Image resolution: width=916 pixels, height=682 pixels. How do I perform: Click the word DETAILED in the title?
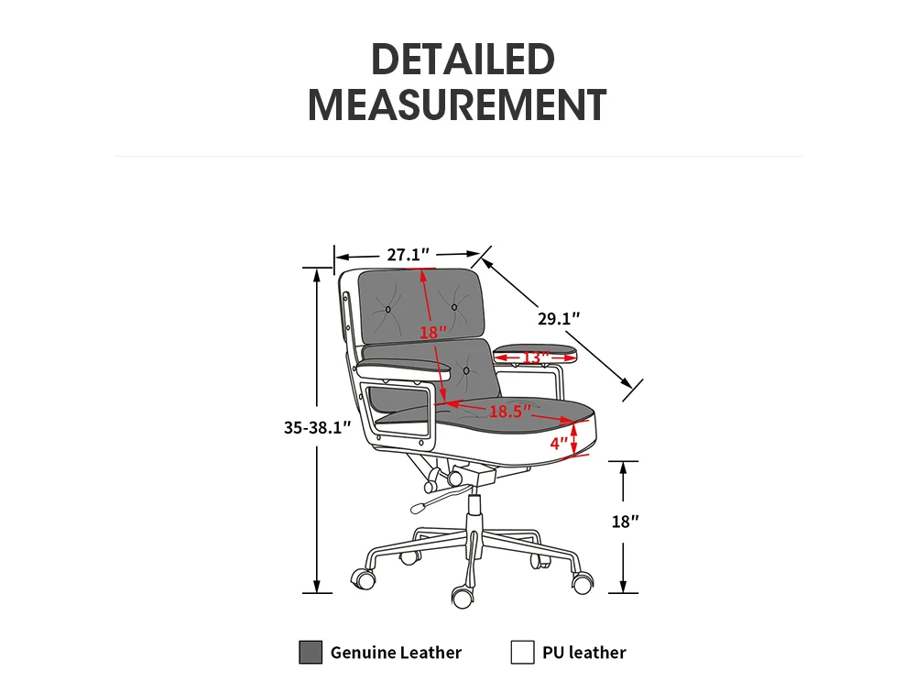[x=463, y=59]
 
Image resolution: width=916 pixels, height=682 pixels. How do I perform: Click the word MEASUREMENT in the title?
[x=457, y=105]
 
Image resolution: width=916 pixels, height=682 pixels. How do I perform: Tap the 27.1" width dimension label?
[x=408, y=255]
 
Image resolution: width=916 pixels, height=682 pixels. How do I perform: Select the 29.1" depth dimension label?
[x=559, y=318]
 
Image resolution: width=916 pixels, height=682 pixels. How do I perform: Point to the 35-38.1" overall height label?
[x=317, y=428]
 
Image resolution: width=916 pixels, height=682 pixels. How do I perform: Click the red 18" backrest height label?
[x=433, y=333]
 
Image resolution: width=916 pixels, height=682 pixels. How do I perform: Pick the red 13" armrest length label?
[x=535, y=357]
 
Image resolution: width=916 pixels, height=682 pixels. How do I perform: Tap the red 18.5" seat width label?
[x=510, y=412]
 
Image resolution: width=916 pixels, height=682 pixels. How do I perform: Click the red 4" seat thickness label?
[x=559, y=444]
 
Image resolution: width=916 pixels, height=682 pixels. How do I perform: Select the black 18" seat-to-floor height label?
[x=625, y=522]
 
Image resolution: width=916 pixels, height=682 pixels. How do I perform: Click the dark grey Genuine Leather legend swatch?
[x=311, y=652]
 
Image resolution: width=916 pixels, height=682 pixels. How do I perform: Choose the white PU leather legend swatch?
[x=522, y=652]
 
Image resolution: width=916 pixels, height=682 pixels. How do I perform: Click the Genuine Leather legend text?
[x=396, y=652]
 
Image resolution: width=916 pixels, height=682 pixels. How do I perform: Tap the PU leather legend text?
[x=584, y=652]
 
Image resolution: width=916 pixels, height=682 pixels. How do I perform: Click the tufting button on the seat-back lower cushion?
[x=466, y=370]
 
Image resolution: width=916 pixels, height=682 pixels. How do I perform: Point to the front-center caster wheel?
[x=463, y=598]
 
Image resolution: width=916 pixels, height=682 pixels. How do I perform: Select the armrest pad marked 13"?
[x=535, y=353]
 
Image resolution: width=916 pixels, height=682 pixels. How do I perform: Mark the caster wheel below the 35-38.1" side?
[x=364, y=578]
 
